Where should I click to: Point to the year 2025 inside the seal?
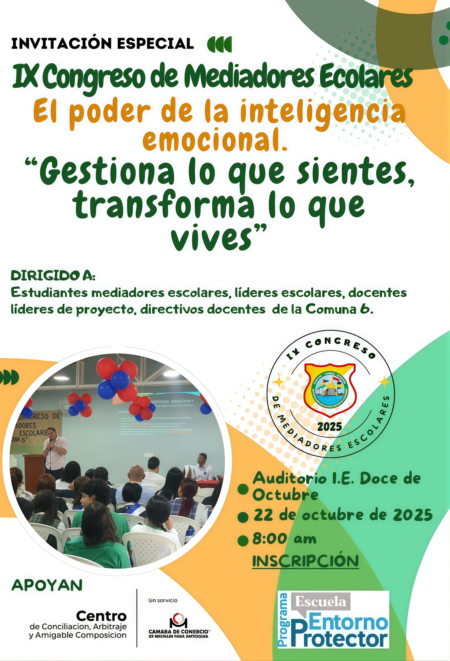click(x=330, y=427)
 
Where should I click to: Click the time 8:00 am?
click(x=284, y=539)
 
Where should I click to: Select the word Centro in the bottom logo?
click(x=101, y=616)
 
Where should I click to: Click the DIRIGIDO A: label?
click(x=53, y=276)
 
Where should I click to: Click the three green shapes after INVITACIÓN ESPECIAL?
click(x=219, y=44)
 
